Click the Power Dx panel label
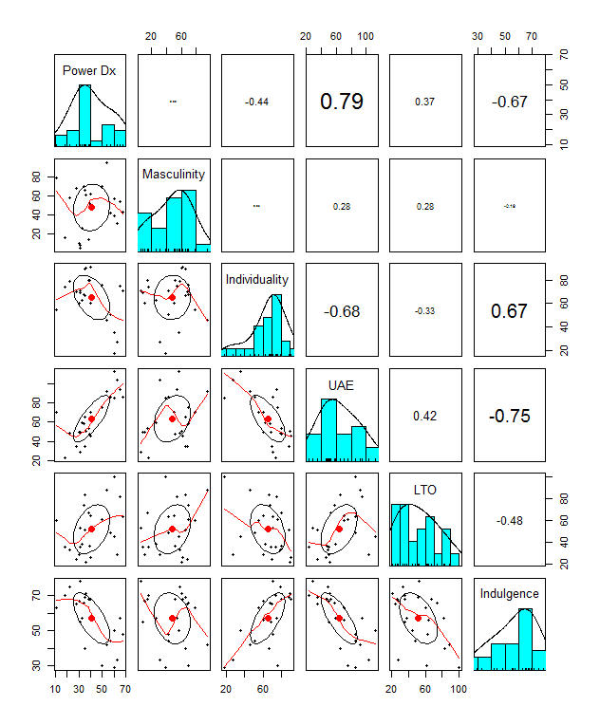[89, 70]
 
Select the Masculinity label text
[174, 175]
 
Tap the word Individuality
[257, 279]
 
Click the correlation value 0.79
[342, 102]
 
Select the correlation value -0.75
[509, 416]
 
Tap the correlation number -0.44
[257, 102]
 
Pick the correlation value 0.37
[425, 102]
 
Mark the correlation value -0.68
[342, 311]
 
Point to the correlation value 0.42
[425, 416]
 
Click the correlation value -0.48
[509, 520]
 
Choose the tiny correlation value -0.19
[509, 207]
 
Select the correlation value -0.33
[425, 311]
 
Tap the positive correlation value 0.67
[509, 311]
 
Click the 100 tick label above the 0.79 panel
[366, 36]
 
